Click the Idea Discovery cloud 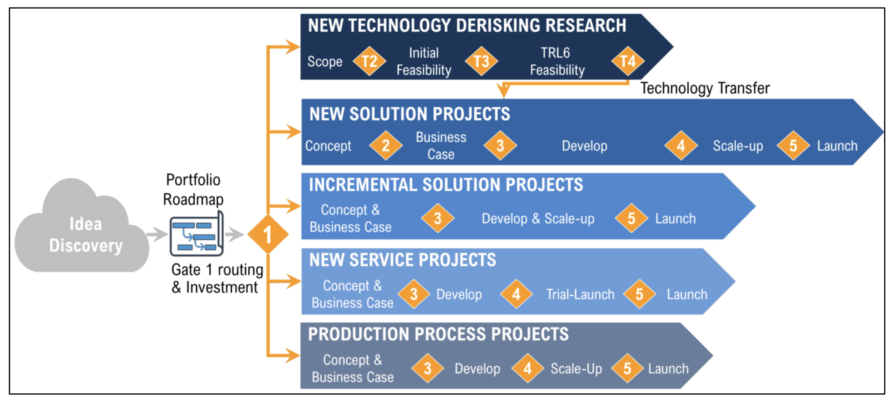[83, 231]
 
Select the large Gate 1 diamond [268, 235]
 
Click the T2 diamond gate [369, 61]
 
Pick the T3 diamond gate [481, 61]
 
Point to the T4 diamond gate [628, 61]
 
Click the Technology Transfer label [705, 89]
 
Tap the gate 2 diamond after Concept [386, 146]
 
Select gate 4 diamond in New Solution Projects [681, 146]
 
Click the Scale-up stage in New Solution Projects [738, 146]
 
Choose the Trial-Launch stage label [580, 295]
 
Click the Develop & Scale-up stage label [538, 219]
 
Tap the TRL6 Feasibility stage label [557, 61]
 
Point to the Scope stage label [325, 61]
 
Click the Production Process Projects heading [438, 334]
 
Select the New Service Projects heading [402, 260]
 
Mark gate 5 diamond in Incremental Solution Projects [631, 218]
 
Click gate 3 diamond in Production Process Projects [428, 368]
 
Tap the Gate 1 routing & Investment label [217, 279]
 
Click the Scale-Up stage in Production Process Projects [576, 369]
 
